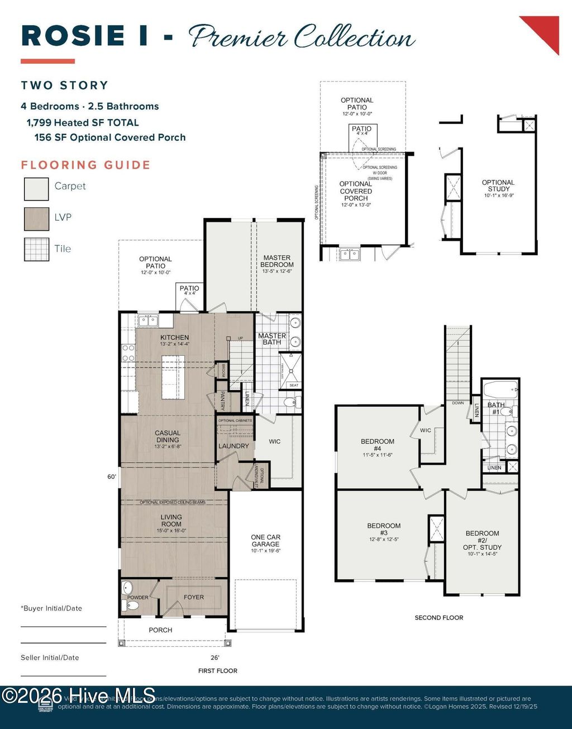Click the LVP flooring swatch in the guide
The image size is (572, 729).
coord(36,218)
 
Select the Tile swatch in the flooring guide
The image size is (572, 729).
coord(36,250)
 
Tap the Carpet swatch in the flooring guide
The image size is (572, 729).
coord(36,188)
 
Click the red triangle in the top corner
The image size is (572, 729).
coord(545,30)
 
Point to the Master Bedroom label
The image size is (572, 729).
coord(277,261)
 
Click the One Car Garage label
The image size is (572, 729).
coord(265,541)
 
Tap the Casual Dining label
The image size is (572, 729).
coord(168,436)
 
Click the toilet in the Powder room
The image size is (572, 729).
coord(129,606)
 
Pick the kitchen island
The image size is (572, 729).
coord(173,377)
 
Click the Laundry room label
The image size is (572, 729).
coord(233,446)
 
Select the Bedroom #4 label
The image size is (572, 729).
coord(378,445)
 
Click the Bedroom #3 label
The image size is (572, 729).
coord(384,529)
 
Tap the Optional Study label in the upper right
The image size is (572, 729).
coord(498,185)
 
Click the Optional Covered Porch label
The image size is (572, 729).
coord(356,191)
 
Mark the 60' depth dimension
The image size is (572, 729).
coord(112,477)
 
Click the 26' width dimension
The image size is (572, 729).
coord(215,657)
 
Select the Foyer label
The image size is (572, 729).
coord(194,597)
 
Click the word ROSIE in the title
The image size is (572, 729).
coord(73,36)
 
